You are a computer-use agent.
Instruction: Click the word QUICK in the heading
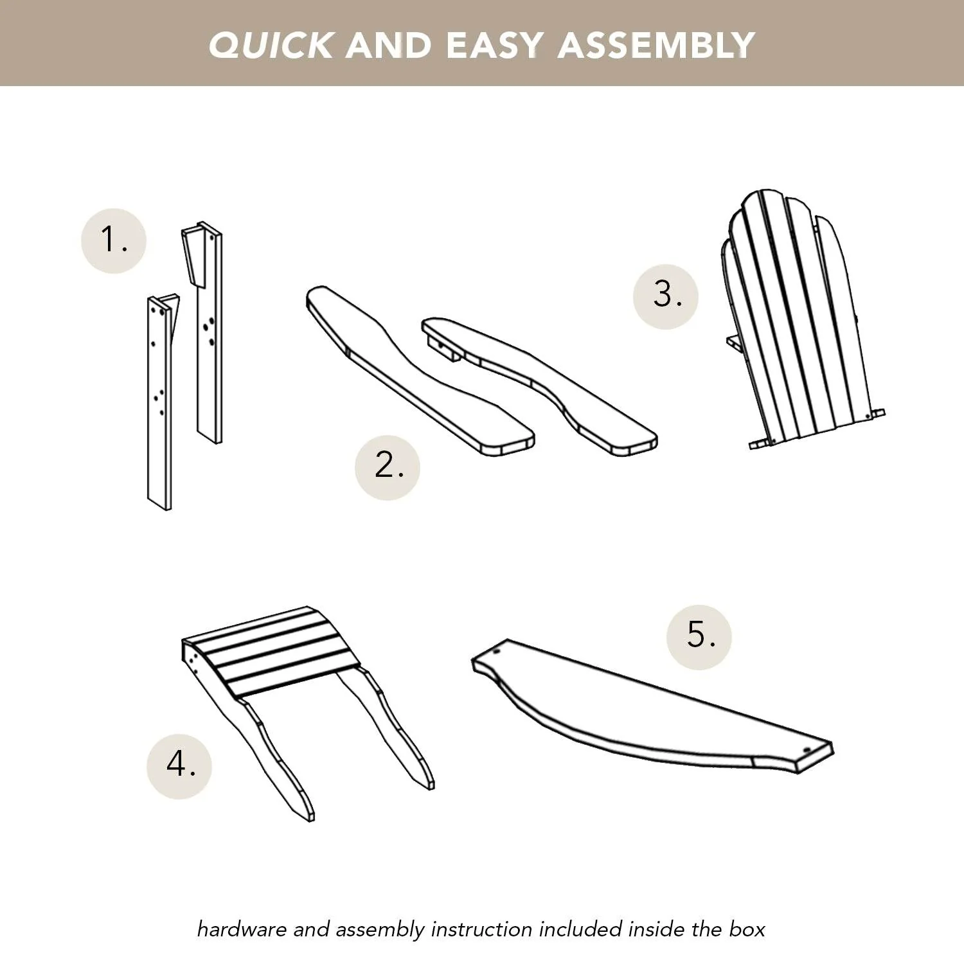271,45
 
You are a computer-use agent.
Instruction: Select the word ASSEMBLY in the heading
656,45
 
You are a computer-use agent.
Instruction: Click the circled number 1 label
114,240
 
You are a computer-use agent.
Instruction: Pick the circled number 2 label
388,467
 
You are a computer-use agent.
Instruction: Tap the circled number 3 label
666,296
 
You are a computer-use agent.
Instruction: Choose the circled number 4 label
179,766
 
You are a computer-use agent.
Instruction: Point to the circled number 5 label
699,637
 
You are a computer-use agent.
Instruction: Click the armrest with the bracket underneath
539,386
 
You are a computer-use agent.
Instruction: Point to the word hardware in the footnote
242,929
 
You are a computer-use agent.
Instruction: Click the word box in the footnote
747,929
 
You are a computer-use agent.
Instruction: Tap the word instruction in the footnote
481,929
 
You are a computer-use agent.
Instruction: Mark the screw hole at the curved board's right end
807,749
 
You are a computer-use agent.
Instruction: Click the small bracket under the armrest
442,348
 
